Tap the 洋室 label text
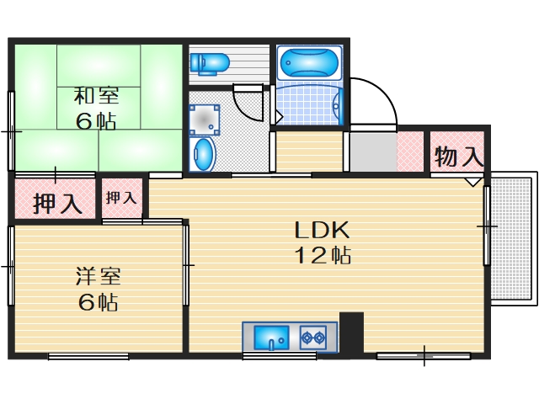pos(98,275)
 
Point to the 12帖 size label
pos(321,256)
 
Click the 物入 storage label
pos(459,156)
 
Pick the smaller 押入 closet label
pos(121,199)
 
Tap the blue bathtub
pos(308,62)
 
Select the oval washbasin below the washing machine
pos(203,155)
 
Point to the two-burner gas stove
pos(313,338)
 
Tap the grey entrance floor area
pos(371,152)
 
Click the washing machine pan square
pos(204,119)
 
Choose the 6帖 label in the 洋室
pos(98,302)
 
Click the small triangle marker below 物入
pos(474,180)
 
